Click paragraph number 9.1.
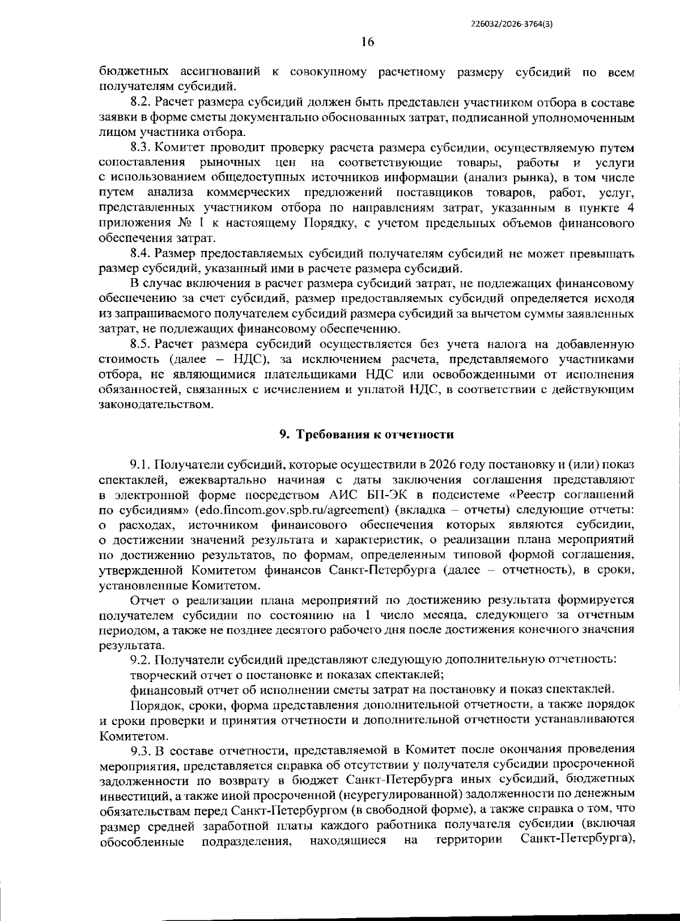click(x=139, y=465)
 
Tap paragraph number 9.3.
click(x=139, y=752)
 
